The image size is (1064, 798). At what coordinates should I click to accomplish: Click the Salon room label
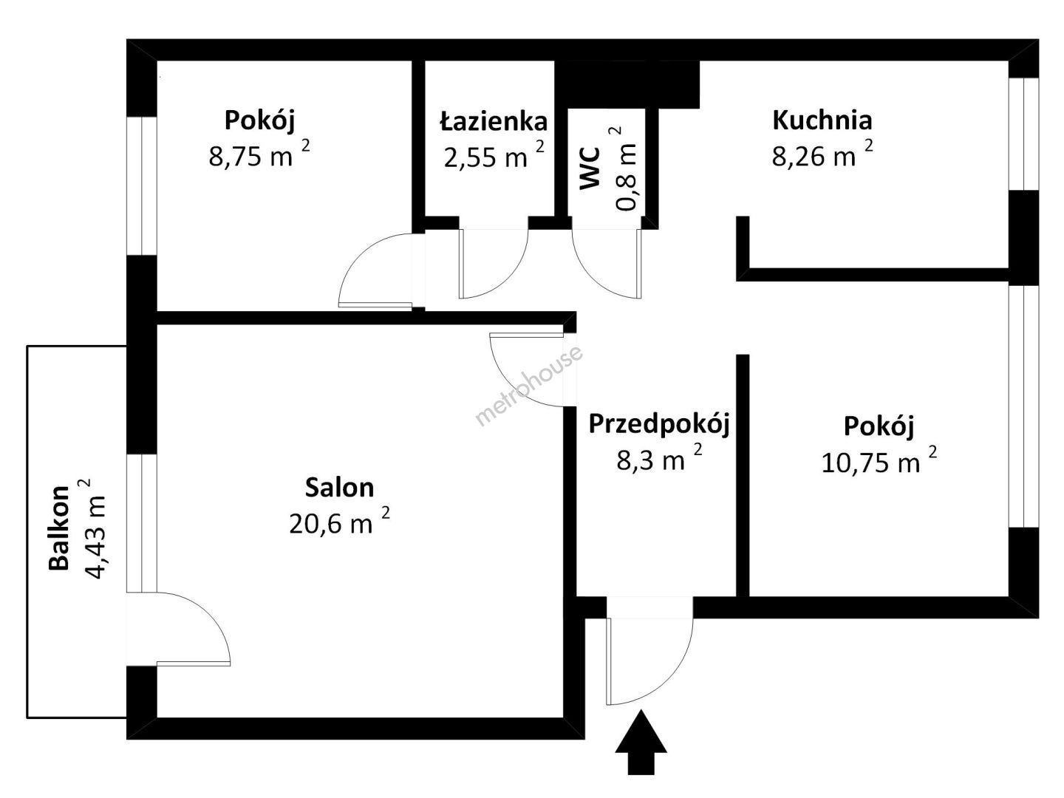click(x=339, y=488)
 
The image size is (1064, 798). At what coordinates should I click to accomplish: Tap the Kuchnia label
click(x=822, y=120)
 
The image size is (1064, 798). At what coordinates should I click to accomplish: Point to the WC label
click(x=590, y=168)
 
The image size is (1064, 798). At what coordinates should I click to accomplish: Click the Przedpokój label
click(x=659, y=425)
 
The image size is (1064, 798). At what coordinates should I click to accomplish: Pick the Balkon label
click(x=59, y=528)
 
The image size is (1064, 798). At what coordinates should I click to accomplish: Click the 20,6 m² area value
click(x=339, y=522)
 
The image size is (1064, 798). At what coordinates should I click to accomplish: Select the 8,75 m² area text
click(x=259, y=154)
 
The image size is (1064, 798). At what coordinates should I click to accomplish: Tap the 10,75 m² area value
click(x=879, y=460)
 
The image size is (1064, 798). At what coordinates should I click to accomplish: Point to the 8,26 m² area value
click(x=822, y=154)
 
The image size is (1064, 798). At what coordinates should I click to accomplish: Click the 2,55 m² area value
click(x=494, y=154)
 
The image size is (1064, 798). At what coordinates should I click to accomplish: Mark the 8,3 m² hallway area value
click(x=659, y=457)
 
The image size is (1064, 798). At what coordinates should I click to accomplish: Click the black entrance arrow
click(x=641, y=743)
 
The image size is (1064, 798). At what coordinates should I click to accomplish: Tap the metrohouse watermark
click(x=529, y=385)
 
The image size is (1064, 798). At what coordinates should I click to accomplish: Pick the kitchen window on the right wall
click(x=1024, y=134)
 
